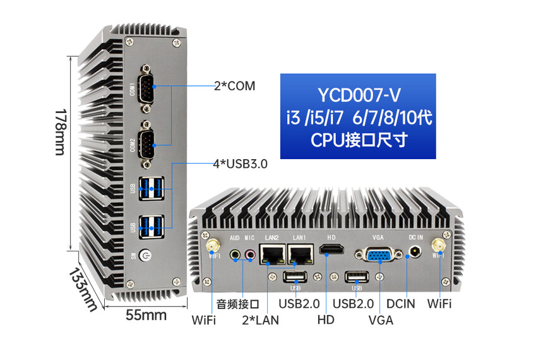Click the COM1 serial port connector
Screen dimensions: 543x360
point(146,88)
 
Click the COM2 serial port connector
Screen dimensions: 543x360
point(146,145)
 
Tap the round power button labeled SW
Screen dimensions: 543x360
point(145,256)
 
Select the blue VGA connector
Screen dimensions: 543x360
point(379,255)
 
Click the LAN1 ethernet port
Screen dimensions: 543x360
point(301,255)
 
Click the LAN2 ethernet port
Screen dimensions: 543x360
point(272,255)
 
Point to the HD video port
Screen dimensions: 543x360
point(331,249)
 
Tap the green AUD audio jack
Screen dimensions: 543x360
point(236,255)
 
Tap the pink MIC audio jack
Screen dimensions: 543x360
point(249,255)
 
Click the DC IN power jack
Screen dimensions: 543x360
point(415,251)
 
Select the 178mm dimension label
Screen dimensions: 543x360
point(61,132)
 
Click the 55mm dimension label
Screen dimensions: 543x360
point(146,315)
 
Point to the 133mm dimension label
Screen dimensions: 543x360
point(83,290)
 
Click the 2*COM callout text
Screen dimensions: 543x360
point(234,86)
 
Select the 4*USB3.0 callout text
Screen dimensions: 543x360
point(241,164)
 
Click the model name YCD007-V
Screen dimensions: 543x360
point(359,95)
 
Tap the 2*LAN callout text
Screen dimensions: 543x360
point(260,320)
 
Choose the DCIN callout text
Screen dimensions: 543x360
point(401,304)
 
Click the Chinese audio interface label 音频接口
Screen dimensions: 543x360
point(238,304)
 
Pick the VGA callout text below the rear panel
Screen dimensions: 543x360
point(381,320)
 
